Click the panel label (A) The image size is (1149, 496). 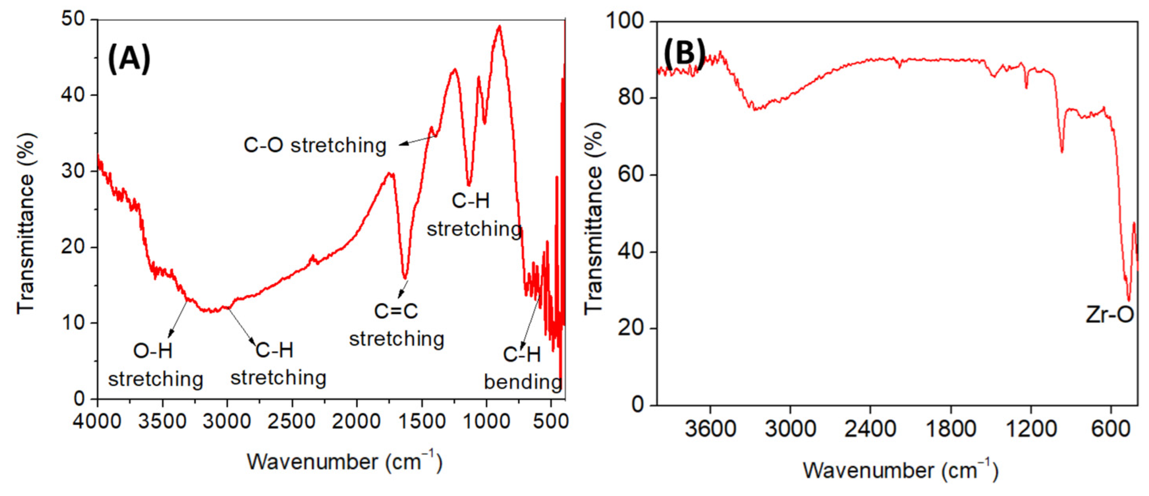click(x=129, y=59)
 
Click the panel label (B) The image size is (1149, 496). click(x=684, y=52)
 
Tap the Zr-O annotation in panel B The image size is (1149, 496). click(x=1110, y=315)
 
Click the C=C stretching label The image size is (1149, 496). click(x=396, y=325)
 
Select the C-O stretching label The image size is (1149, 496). click(x=315, y=145)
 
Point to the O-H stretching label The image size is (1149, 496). click(x=155, y=365)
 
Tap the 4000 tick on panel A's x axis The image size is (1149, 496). click(x=98, y=421)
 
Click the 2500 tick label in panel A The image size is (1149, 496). click(x=292, y=421)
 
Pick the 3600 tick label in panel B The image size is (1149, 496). click(x=710, y=429)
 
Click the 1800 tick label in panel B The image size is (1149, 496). click(x=951, y=429)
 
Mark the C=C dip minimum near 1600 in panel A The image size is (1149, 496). click(x=405, y=278)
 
